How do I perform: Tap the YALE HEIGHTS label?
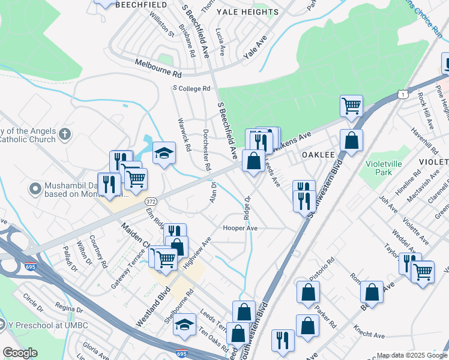click(247, 12)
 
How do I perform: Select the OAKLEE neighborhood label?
click(318, 154)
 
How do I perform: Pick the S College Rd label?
click(191, 88)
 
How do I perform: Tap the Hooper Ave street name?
click(240, 228)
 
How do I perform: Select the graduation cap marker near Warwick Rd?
click(164, 154)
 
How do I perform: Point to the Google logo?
click(20, 353)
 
